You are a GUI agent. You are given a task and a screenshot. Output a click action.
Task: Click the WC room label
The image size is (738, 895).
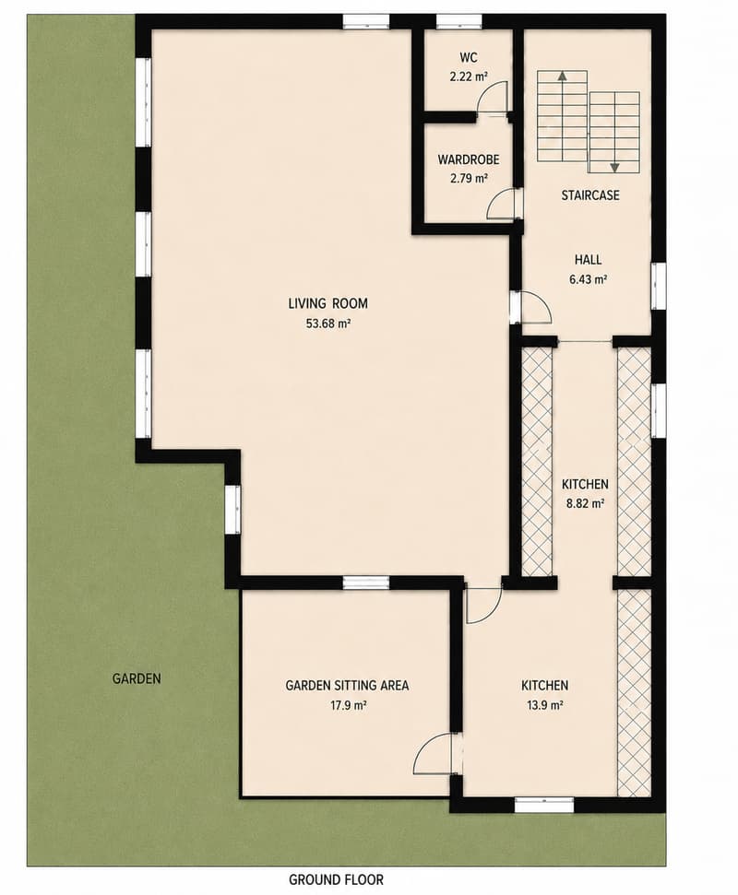469,58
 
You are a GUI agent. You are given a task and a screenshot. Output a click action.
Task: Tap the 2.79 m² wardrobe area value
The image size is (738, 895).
469,178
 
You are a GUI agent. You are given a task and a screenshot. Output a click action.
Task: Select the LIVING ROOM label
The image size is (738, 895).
327,303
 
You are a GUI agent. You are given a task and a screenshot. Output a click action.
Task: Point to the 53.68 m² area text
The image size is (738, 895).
328,324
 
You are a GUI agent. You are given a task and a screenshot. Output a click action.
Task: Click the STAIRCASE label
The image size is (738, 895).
590,195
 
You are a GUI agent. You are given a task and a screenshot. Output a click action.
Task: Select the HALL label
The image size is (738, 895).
588,260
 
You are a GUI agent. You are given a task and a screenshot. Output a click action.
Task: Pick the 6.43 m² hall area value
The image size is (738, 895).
588,279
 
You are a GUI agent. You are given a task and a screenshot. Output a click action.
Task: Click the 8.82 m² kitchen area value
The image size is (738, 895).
586,504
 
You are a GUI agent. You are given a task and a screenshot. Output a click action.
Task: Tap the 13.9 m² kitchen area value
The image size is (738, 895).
545,705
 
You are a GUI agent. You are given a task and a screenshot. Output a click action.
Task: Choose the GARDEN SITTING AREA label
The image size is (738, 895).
347,685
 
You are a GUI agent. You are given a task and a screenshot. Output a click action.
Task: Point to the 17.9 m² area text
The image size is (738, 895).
349,705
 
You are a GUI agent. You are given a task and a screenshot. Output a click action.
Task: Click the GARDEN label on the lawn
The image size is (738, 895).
137,678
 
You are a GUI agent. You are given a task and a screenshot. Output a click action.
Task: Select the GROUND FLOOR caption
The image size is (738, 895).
336,879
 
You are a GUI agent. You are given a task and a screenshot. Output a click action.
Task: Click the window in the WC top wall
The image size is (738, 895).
459,22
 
